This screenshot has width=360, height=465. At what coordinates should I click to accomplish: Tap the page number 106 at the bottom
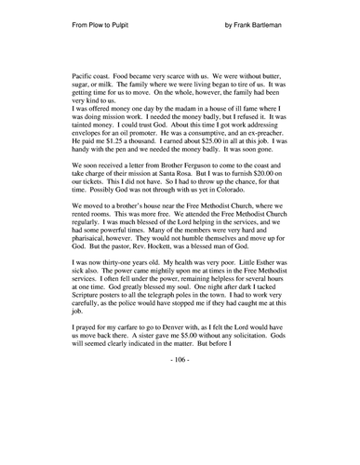click(x=180, y=434)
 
